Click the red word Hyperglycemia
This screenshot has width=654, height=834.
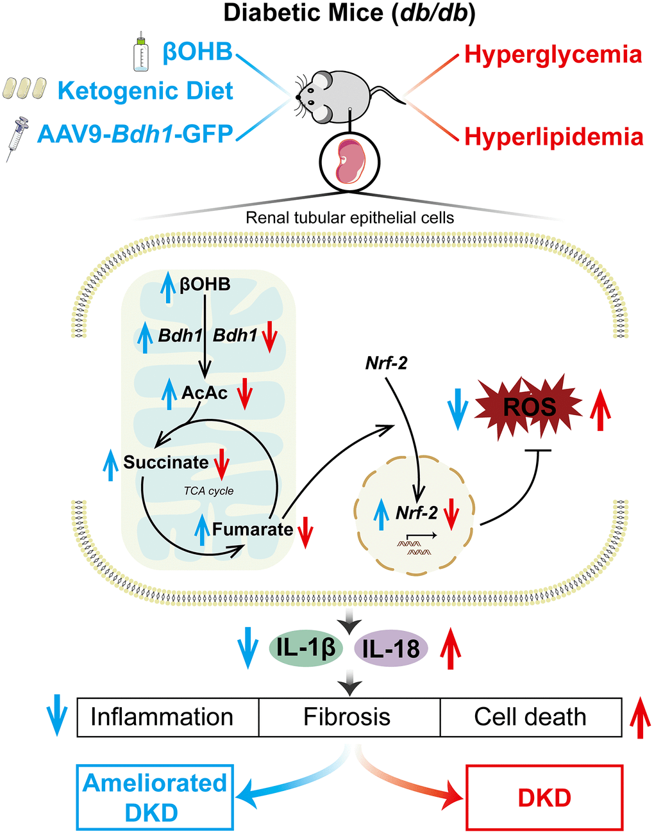[553, 54]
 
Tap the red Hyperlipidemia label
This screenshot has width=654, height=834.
[553, 137]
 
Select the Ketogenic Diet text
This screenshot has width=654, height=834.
[146, 91]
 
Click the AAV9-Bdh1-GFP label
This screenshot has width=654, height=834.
[135, 134]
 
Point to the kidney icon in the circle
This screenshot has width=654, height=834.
[349, 162]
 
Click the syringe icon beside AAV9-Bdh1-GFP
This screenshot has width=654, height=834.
[17, 138]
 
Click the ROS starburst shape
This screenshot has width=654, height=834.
[528, 408]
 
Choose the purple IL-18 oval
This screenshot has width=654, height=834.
[391, 650]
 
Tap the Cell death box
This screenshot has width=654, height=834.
[530, 717]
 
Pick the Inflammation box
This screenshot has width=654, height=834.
[162, 717]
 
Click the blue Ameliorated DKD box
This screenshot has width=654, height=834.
[155, 797]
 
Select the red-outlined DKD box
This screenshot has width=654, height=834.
[544, 797]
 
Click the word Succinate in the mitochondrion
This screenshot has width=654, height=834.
[165, 462]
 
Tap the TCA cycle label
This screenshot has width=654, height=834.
[208, 491]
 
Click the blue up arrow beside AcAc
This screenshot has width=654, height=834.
[169, 393]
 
